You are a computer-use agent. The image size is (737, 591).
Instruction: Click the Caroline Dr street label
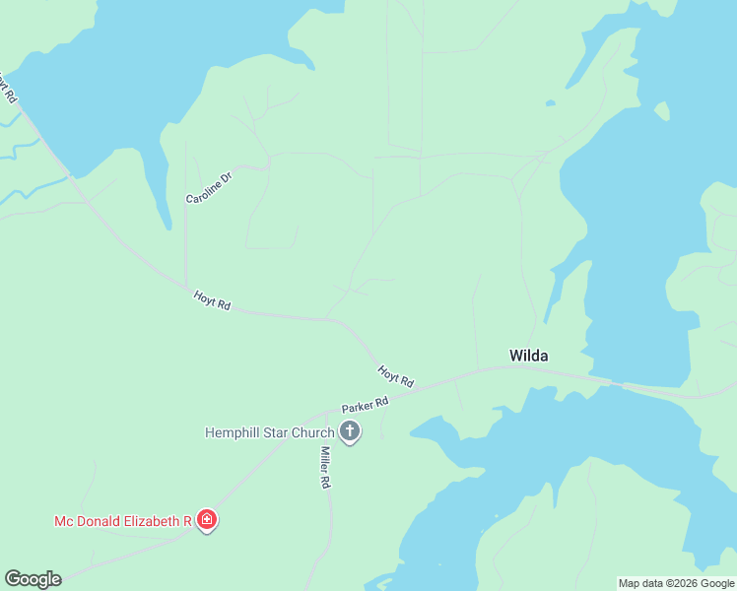208,186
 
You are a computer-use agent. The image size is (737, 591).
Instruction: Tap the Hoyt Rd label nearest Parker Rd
395,375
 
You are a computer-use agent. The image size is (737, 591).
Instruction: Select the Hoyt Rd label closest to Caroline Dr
212,300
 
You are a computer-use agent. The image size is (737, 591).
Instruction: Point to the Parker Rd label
366,405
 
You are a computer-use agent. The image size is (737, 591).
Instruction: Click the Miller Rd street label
324,468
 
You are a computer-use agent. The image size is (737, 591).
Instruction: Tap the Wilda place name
528,356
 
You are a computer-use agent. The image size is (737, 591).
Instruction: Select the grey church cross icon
349,430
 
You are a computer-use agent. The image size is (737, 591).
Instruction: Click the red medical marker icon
207,519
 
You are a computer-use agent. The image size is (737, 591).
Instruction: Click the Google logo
33,579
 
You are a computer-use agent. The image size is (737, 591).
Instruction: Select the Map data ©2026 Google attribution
676,583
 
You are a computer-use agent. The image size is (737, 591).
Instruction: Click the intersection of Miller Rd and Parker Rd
325,414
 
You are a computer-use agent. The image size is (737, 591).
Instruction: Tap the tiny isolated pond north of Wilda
550,102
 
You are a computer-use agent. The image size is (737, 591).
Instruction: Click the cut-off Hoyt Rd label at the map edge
8,89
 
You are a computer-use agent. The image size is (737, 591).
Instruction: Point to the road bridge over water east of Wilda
616,384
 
